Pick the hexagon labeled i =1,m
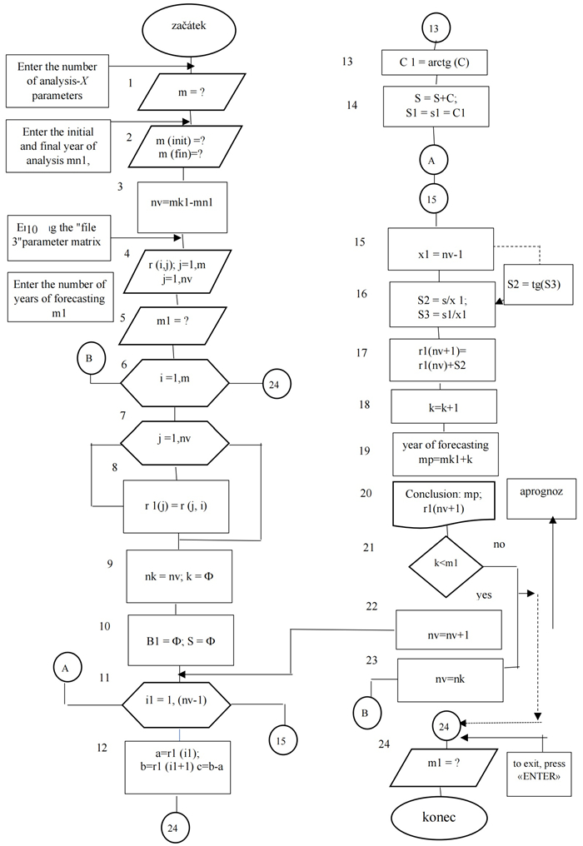click(174, 383)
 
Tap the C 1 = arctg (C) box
click(433, 63)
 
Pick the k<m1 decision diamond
click(446, 564)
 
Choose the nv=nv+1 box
click(449, 630)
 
